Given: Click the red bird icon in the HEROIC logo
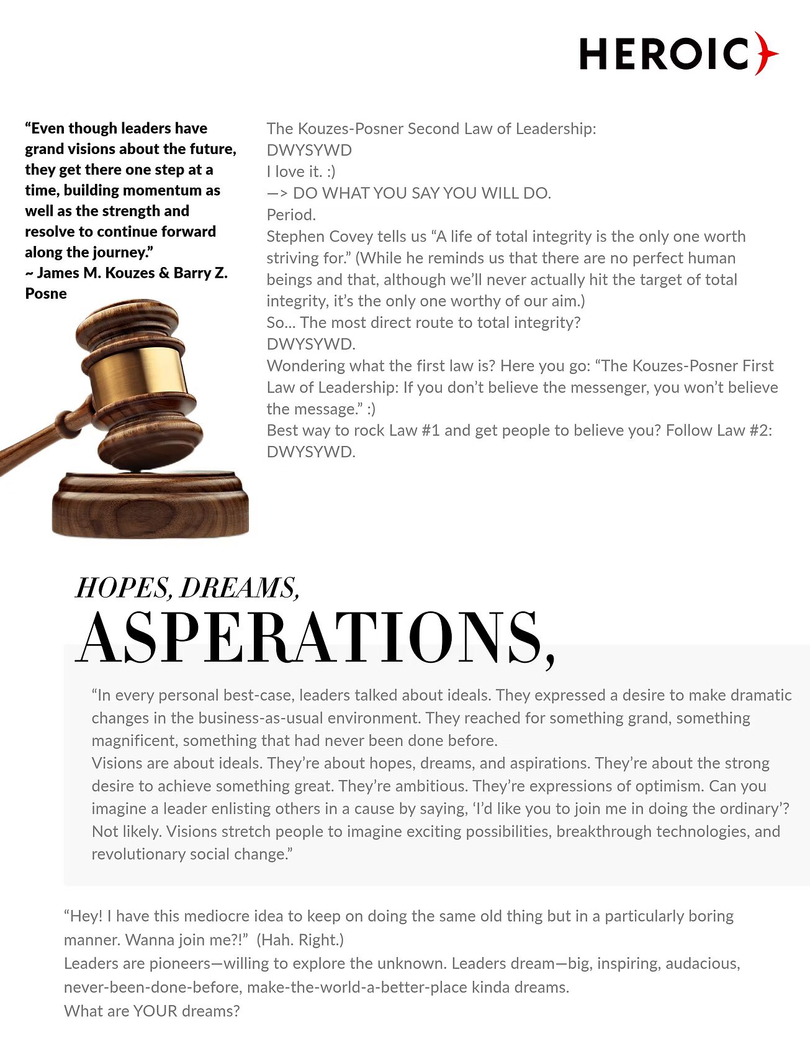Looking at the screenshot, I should [766, 53].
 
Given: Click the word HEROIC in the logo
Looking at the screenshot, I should [664, 54].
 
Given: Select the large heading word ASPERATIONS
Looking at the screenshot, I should [313, 639].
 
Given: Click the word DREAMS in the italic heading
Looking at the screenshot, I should [239, 588].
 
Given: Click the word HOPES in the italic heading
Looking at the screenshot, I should [124, 588].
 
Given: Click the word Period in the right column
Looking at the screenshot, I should [290, 215].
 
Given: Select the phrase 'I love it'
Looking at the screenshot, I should [294, 171].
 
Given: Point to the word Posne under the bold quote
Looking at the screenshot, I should [46, 293].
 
